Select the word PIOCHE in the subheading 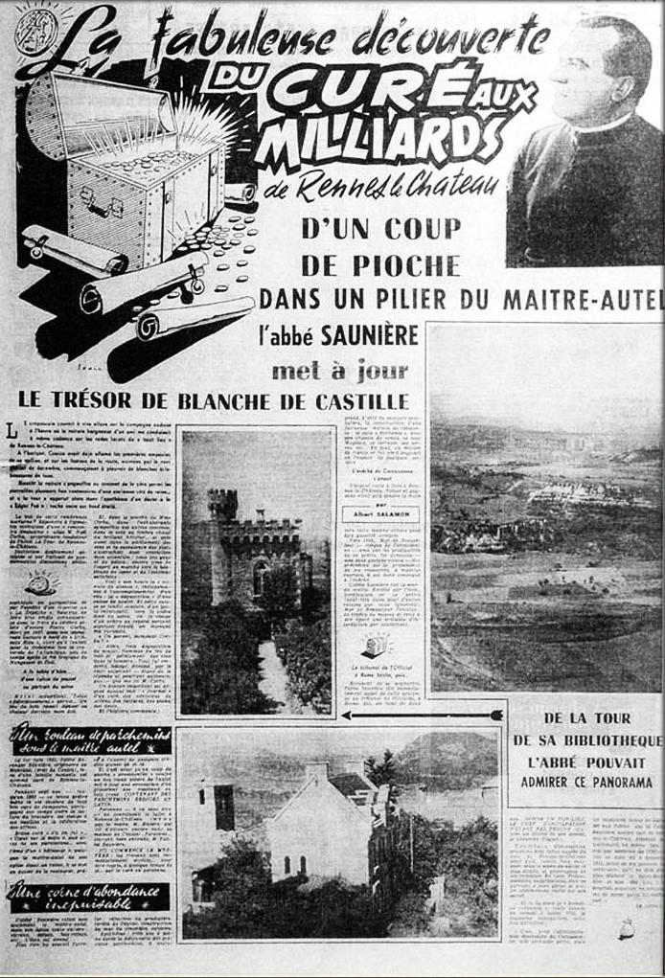(x=379, y=265)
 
